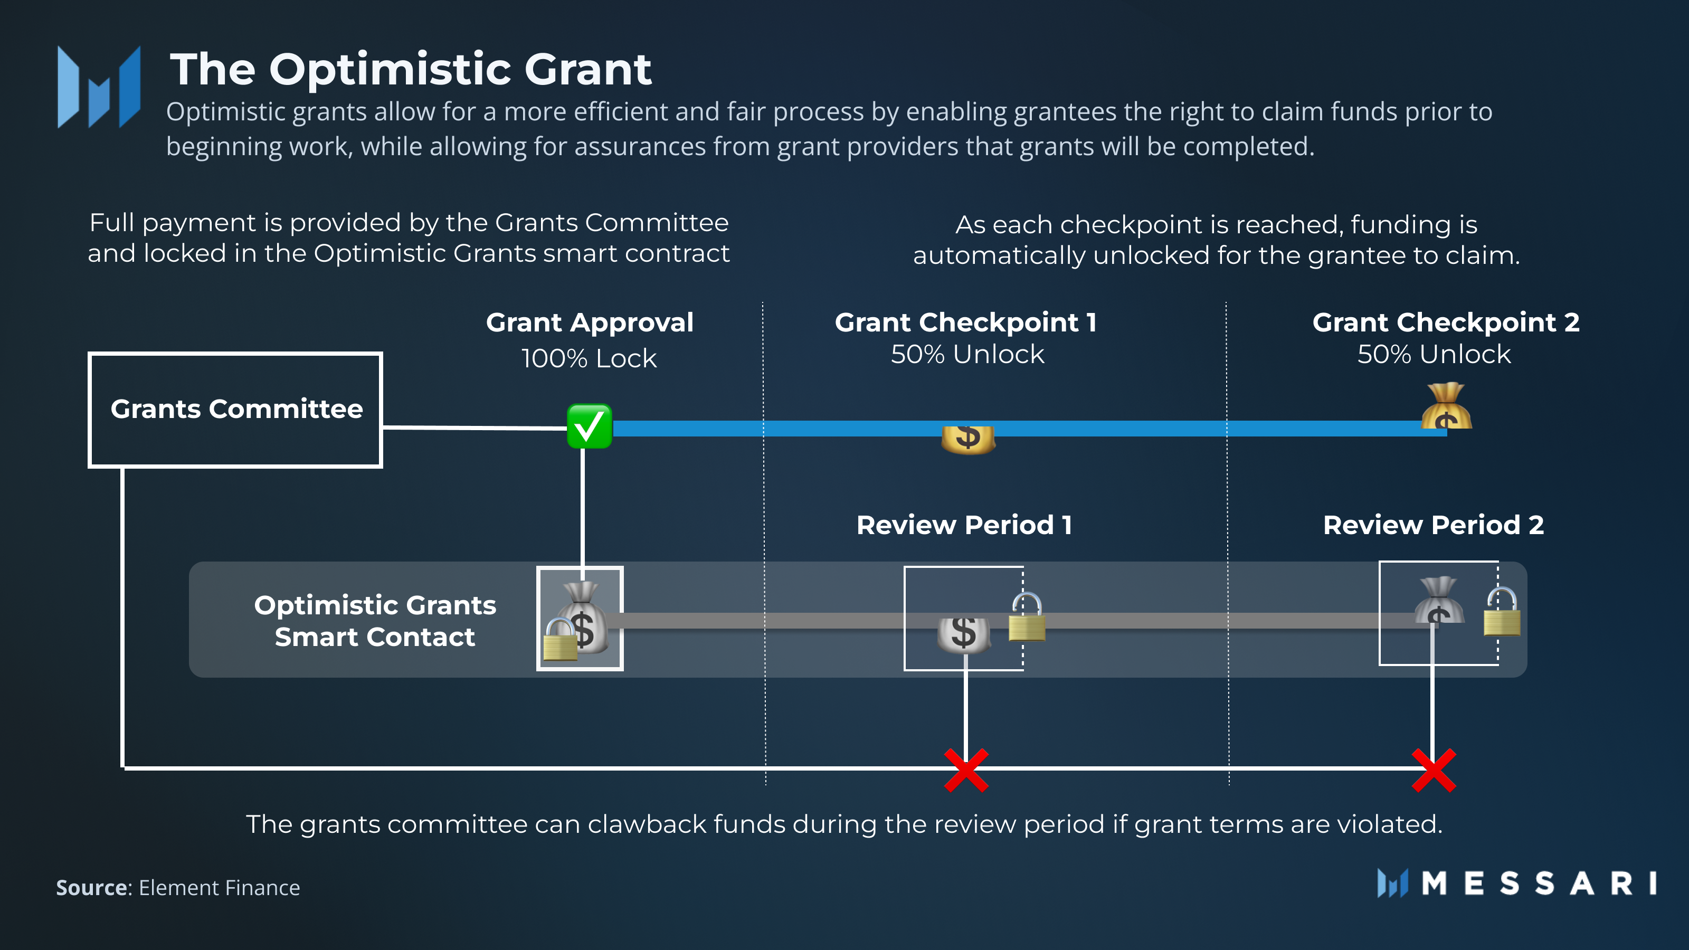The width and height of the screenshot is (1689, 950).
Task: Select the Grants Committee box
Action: pyautogui.click(x=235, y=410)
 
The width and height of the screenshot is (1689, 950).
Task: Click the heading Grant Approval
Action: pyautogui.click(x=589, y=322)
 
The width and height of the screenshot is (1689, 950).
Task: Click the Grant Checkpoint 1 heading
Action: pyautogui.click(x=965, y=322)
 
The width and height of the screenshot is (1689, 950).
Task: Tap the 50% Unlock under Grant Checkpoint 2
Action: pyautogui.click(x=1434, y=355)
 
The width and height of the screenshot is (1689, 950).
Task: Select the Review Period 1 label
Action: pyautogui.click(x=964, y=525)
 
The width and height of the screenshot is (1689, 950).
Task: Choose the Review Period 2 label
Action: pyautogui.click(x=1434, y=525)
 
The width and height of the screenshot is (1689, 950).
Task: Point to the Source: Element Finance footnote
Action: pyautogui.click(x=178, y=887)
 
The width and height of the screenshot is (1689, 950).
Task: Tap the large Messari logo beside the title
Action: pyautogui.click(x=99, y=87)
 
